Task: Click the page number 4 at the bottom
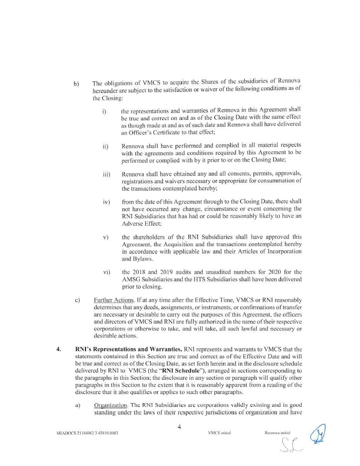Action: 179,427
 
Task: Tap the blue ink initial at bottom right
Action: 318,434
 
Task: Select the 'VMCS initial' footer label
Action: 219,433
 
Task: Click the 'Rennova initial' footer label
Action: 277,433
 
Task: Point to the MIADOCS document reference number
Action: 87,433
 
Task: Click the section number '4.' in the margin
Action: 59,350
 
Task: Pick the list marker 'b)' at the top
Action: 76,84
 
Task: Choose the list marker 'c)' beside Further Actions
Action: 78,300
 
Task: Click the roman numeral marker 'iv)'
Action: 106,202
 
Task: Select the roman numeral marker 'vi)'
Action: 106,272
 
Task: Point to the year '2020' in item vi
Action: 271,272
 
